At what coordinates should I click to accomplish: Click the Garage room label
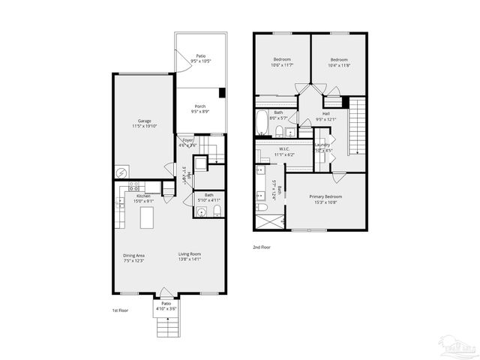144,121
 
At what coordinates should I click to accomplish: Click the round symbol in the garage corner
120,172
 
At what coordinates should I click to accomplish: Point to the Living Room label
190,255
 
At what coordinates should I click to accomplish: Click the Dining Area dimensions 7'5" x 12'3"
134,261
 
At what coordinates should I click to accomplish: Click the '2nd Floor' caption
262,247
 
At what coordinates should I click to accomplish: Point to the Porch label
200,106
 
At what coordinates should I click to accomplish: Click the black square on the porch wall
223,93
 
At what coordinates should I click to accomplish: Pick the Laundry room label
322,145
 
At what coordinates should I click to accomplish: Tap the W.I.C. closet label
284,148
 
